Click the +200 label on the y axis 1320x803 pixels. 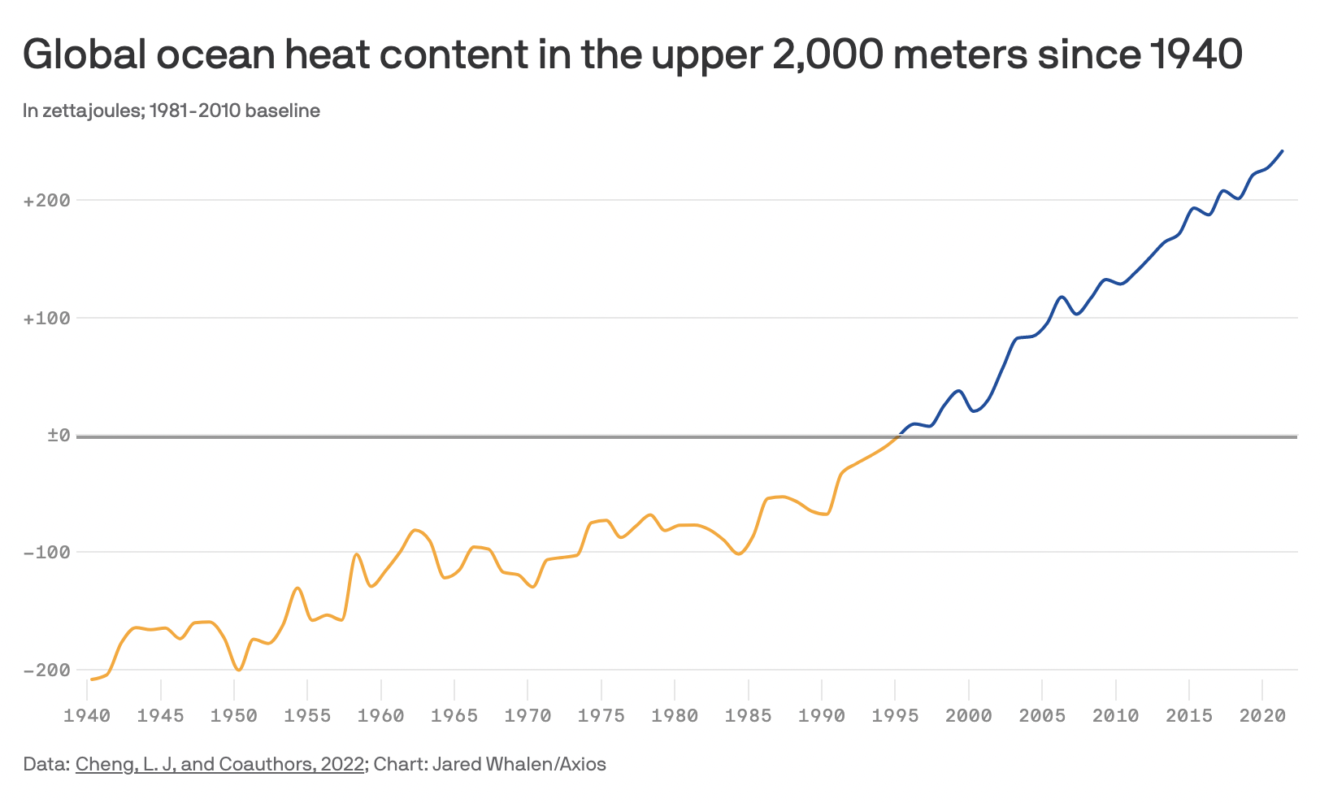coord(46,201)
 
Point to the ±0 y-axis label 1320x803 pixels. coord(58,436)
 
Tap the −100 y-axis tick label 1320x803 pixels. coord(46,553)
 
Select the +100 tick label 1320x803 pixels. coord(46,319)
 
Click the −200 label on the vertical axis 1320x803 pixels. coord(46,671)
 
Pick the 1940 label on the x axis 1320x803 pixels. coord(87,716)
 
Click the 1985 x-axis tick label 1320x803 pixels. coord(748,716)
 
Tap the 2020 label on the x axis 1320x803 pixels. coord(1262,716)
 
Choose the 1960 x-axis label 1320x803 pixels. coord(380,716)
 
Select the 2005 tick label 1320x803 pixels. coord(1042,716)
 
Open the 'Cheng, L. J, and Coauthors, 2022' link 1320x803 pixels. coord(219,764)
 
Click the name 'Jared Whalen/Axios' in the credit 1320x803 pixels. coord(519,764)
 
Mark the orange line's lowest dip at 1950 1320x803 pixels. coord(238,671)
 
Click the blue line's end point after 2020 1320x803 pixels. coord(1283,150)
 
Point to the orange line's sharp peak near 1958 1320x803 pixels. coord(357,554)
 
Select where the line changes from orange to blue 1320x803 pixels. coord(897,436)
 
